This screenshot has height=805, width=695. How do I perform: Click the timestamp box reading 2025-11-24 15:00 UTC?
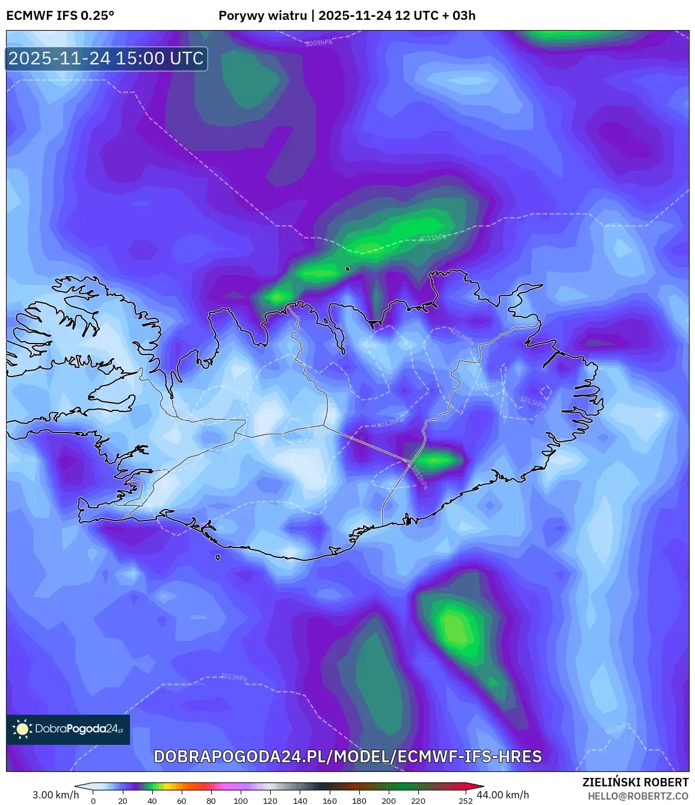(107, 58)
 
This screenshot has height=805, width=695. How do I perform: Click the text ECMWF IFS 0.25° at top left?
(60, 15)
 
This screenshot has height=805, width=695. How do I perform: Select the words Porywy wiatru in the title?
(262, 15)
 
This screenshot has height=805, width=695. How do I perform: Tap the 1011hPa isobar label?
(433, 238)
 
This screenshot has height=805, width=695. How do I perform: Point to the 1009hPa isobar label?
(318, 43)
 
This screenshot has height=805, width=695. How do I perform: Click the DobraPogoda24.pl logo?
(68, 729)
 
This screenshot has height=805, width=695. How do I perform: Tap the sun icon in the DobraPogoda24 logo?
(23, 729)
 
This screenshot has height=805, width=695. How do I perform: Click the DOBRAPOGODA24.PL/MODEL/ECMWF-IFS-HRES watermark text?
(348, 756)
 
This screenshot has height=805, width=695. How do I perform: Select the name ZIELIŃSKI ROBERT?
(635, 782)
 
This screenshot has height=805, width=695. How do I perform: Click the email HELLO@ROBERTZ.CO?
(638, 796)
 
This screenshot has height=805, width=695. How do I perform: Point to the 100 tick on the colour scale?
(241, 801)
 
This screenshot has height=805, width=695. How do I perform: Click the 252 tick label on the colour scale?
(466, 801)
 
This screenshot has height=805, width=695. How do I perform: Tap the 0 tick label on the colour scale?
(93, 801)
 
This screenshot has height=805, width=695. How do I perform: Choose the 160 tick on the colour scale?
(330, 801)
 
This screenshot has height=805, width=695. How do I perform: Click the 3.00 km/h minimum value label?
(55, 795)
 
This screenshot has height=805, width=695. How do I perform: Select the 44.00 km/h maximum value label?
(503, 795)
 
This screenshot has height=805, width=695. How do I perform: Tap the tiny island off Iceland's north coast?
(348, 269)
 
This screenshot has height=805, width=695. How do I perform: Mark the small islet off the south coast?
(218, 557)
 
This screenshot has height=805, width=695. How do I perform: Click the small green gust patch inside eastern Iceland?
(437, 461)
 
